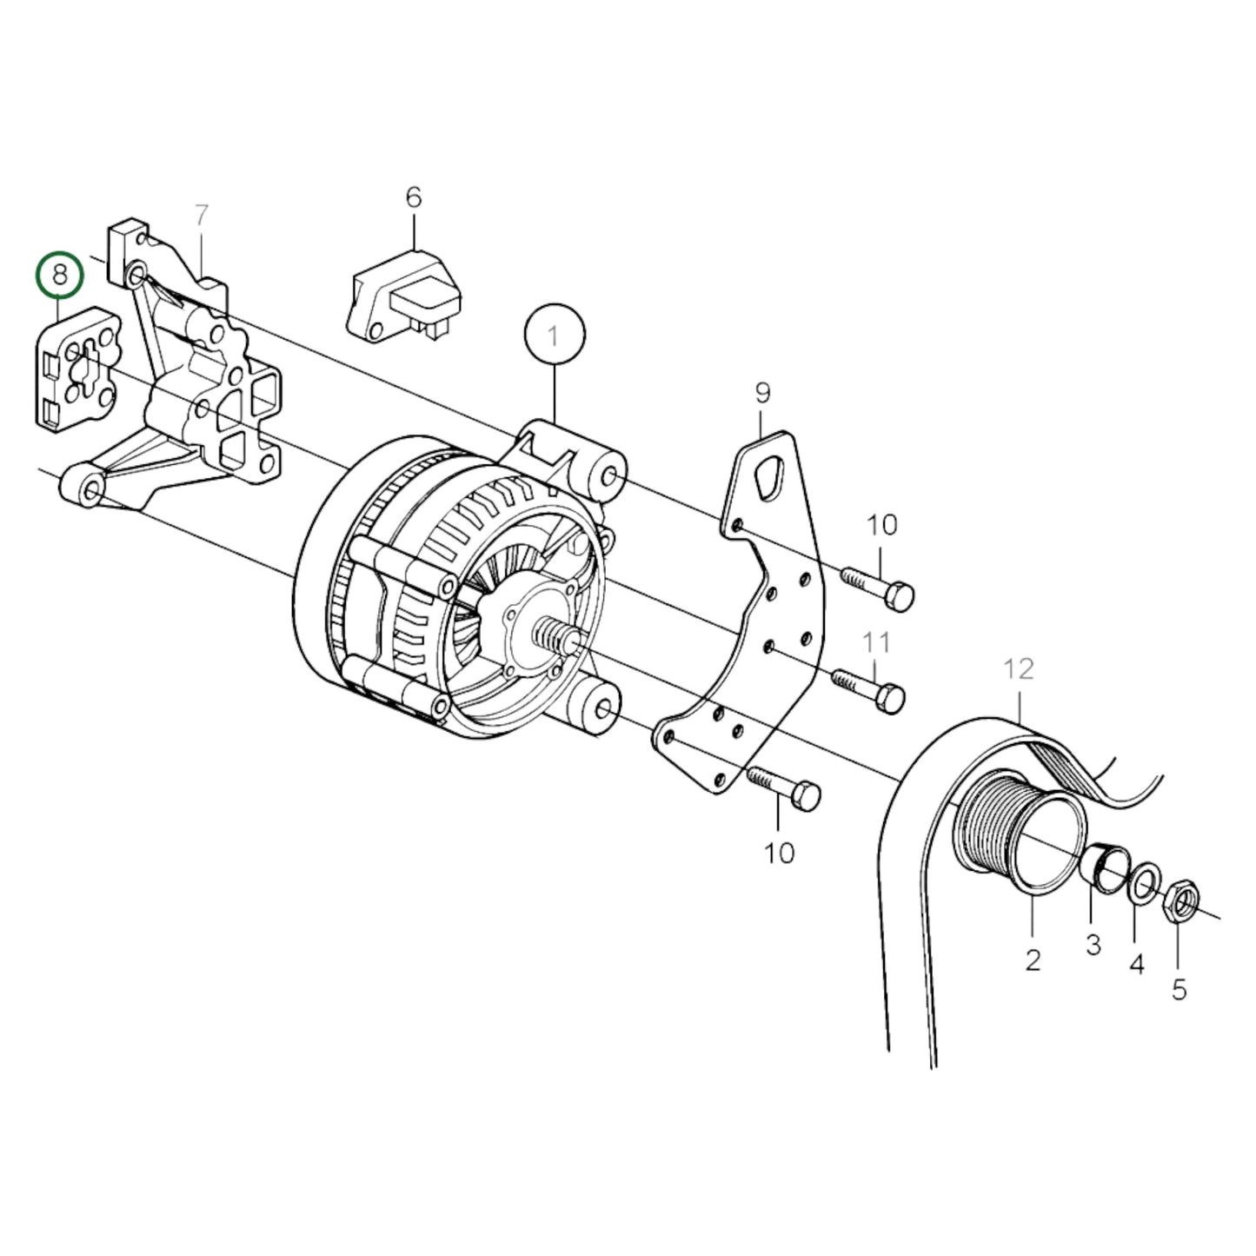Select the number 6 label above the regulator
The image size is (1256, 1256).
(414, 198)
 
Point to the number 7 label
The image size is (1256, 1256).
(202, 215)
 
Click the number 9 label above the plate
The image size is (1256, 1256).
(762, 394)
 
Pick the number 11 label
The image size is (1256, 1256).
(876, 643)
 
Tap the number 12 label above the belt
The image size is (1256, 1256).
(1019, 669)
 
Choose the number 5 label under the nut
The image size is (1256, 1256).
(1179, 989)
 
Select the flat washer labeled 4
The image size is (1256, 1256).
(1145, 884)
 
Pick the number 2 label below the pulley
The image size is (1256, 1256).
(1033, 960)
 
